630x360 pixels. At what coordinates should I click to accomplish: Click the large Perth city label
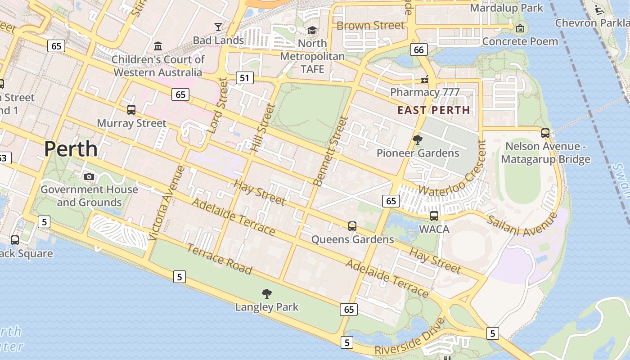pyautogui.click(x=71, y=149)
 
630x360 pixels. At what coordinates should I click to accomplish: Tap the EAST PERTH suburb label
pyautogui.click(x=434, y=110)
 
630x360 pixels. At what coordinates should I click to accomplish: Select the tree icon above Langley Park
pyautogui.click(x=267, y=294)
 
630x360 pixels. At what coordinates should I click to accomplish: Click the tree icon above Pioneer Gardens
pyautogui.click(x=418, y=140)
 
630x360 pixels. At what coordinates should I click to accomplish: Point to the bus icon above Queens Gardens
pyautogui.click(x=352, y=226)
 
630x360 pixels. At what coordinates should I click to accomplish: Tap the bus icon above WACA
pyautogui.click(x=434, y=216)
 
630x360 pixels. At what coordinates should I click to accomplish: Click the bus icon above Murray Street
pyautogui.click(x=131, y=110)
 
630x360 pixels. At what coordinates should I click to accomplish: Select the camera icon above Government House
pyautogui.click(x=89, y=176)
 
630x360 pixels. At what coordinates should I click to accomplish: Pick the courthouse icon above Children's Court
pyautogui.click(x=158, y=46)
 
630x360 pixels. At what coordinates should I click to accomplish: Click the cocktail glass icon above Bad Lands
pyautogui.click(x=218, y=27)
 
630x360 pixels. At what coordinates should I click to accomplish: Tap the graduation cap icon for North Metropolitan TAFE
pyautogui.click(x=312, y=30)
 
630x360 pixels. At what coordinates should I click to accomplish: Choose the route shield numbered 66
pyautogui.click(x=418, y=49)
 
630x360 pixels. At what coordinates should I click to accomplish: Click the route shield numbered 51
pyautogui.click(x=244, y=78)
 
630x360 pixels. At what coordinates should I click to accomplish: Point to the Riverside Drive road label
pyautogui.click(x=409, y=338)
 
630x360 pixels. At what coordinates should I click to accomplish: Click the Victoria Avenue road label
pyautogui.click(x=166, y=202)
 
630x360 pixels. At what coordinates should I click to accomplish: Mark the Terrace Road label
pyautogui.click(x=219, y=259)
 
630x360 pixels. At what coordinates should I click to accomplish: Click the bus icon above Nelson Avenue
pyautogui.click(x=545, y=133)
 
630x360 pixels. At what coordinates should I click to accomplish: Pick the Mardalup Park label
pyautogui.click(x=507, y=8)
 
